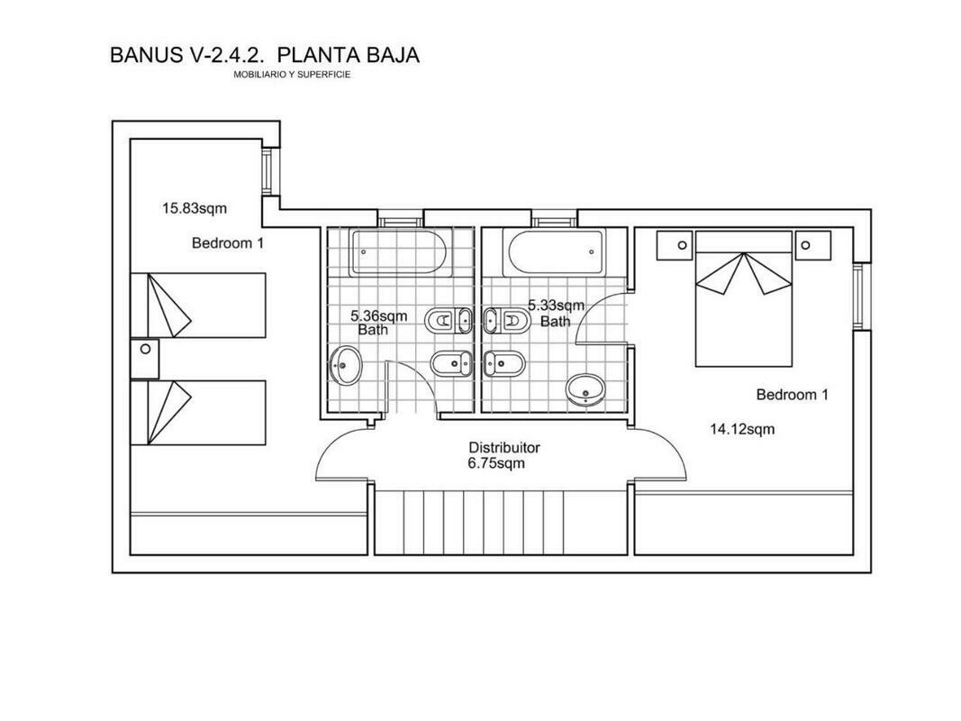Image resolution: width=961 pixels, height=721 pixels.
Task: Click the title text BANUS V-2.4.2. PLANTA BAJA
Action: (x=265, y=55)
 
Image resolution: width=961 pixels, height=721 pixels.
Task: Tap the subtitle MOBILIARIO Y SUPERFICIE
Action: (x=292, y=75)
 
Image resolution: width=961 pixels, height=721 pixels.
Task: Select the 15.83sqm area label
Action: (x=195, y=208)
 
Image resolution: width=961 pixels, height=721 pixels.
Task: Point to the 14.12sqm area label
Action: (x=742, y=429)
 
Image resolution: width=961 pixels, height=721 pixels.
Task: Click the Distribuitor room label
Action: (x=504, y=448)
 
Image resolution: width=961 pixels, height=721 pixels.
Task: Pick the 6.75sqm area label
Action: (x=496, y=463)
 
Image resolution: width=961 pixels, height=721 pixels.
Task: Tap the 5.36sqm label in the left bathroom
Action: (x=379, y=316)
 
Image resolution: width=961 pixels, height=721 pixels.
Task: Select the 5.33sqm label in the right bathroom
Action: (x=557, y=305)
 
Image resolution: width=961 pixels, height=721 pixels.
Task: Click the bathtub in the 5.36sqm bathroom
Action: (x=401, y=252)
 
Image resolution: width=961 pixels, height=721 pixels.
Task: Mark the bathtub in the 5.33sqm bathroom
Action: (x=553, y=252)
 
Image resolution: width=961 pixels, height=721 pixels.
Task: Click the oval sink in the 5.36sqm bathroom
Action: (x=346, y=365)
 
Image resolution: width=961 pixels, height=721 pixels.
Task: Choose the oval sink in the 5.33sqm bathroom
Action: (x=585, y=390)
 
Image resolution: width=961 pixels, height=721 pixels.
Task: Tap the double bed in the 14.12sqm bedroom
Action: (x=743, y=299)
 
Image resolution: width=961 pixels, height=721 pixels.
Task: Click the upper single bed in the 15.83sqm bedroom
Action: (x=198, y=306)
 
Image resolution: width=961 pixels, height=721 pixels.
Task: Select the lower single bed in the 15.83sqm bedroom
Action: (x=198, y=413)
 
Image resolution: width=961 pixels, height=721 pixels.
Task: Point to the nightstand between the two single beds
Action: (x=145, y=359)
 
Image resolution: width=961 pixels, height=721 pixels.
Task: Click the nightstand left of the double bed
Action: (x=675, y=246)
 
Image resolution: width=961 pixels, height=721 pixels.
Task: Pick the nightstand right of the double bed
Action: (x=812, y=246)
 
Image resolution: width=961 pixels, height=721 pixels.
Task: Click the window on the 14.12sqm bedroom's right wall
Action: (x=862, y=297)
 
